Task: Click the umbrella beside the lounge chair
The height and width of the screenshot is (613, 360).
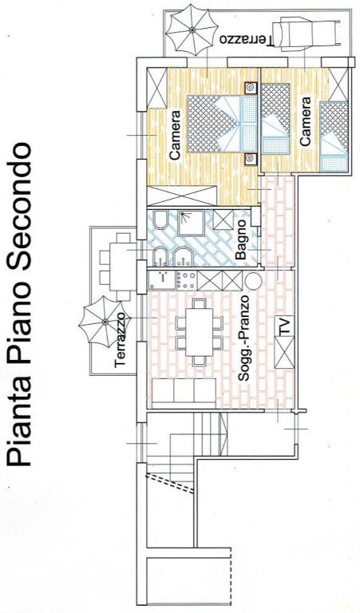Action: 192,29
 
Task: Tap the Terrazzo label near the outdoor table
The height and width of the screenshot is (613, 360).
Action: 121,340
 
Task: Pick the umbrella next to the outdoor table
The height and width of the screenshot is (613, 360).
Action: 105,321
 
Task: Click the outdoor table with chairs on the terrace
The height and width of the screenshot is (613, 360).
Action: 118,267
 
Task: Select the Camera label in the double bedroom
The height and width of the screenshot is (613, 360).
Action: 175,135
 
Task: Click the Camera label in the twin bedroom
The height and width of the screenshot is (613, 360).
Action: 305,121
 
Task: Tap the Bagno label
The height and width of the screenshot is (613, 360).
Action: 241,239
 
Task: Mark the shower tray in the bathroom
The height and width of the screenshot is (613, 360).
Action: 191,223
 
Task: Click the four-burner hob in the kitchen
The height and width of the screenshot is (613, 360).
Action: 187,280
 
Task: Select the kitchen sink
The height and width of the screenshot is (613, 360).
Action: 162,280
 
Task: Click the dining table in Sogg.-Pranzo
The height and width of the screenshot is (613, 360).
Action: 200,331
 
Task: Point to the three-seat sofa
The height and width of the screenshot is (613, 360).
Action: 184,394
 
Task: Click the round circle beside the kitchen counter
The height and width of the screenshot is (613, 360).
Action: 252,281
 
